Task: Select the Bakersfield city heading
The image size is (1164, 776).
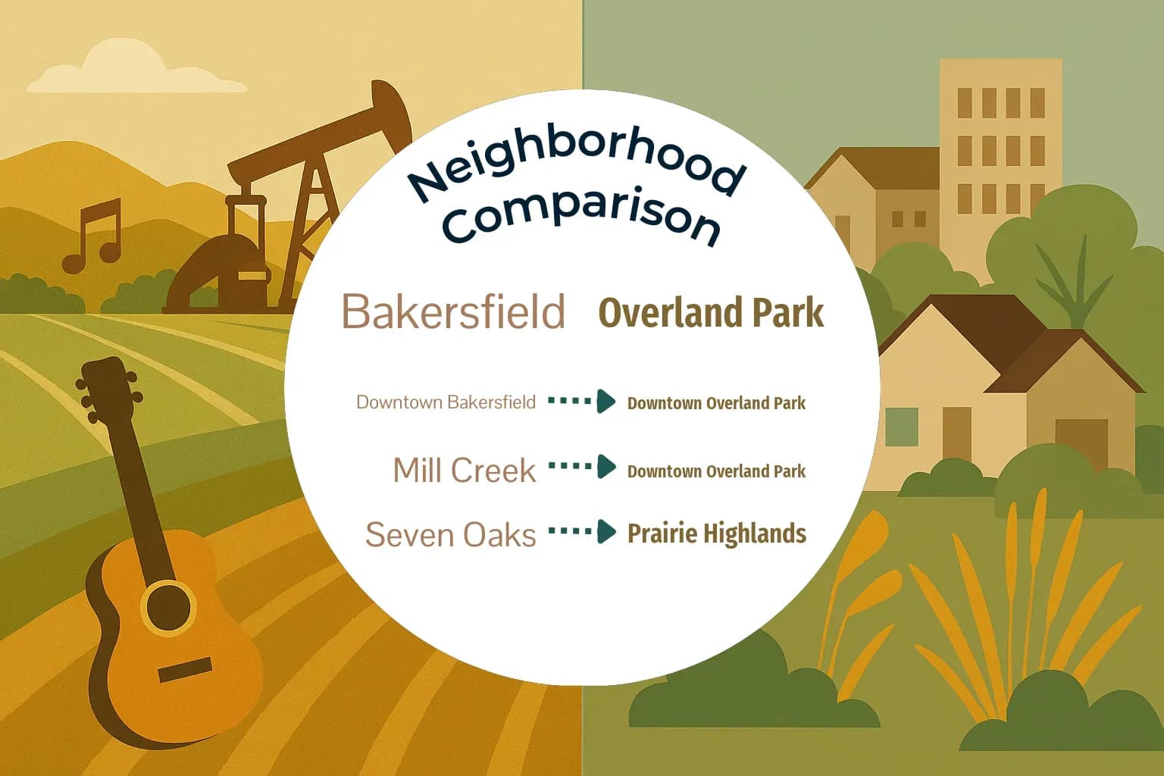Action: [x=453, y=311]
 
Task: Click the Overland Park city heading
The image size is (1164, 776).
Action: [x=711, y=313]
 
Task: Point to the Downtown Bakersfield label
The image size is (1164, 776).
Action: [x=446, y=402]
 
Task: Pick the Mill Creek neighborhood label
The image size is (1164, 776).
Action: [x=464, y=471]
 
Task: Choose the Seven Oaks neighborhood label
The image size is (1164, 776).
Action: [x=450, y=534]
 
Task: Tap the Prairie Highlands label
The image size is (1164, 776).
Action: [x=716, y=533]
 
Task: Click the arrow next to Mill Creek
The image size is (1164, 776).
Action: [x=582, y=467]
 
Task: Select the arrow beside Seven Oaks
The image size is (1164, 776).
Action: [x=582, y=531]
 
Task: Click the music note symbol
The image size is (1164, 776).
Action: [x=92, y=236]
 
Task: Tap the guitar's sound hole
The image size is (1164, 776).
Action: [x=168, y=606]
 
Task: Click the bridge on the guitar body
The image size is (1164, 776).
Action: [x=185, y=670]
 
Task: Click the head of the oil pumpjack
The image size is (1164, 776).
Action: [x=393, y=114]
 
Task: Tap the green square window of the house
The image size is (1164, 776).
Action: [x=901, y=426]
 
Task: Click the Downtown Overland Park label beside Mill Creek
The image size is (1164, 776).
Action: [x=716, y=471]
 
